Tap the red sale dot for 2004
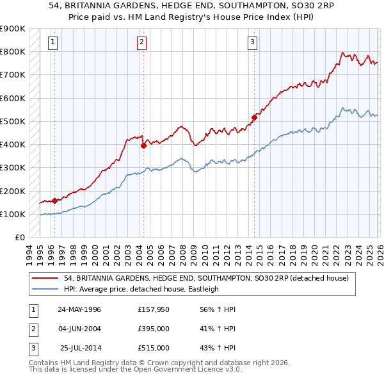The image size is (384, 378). pos(143,145)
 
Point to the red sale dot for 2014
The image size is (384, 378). pos(254,117)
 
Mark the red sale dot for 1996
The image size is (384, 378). pos(54,201)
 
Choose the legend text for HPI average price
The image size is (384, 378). pos(141,289)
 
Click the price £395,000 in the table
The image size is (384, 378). pos(154,329)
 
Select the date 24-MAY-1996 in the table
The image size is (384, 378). pos(79,309)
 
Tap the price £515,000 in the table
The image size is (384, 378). pos(154,348)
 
